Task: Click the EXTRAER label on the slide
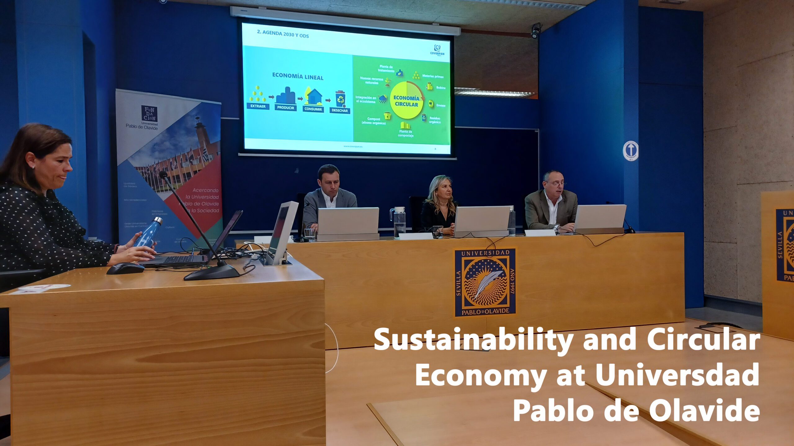coord(258,106)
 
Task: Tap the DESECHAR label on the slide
coord(340,110)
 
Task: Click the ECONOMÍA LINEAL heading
coord(297,76)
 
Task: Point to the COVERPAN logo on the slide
coord(437,50)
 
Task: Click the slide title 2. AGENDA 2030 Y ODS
coord(283,34)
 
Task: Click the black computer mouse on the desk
coord(125,268)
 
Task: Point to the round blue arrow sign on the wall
coord(631,151)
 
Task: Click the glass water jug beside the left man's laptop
coord(399,222)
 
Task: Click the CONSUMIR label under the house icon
coord(313,109)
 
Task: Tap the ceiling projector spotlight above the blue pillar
coord(536,31)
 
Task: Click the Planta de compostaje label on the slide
coord(405,133)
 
